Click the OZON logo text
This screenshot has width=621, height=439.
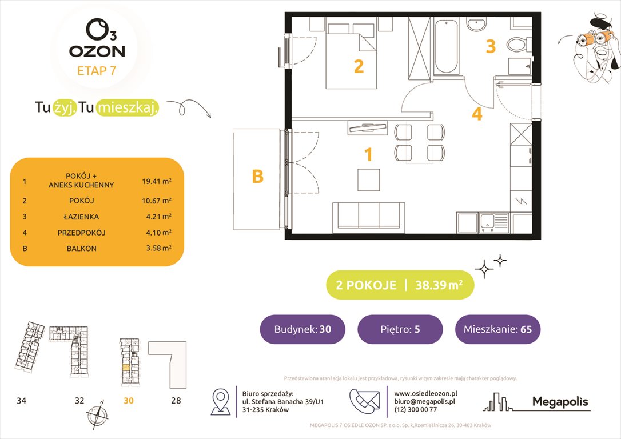[x=97, y=51]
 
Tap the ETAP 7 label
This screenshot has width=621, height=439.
[x=97, y=71]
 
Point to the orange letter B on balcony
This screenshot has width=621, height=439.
[x=258, y=177]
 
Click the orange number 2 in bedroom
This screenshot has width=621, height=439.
[x=359, y=67]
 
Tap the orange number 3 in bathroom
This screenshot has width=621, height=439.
[x=491, y=46]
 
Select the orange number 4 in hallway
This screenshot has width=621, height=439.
[x=477, y=114]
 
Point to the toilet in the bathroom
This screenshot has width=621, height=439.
[x=521, y=43]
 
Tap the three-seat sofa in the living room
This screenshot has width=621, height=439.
[x=369, y=215]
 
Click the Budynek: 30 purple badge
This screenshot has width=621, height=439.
[x=302, y=329]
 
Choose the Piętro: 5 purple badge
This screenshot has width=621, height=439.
[x=400, y=329]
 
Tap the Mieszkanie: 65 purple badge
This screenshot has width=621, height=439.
[x=497, y=329]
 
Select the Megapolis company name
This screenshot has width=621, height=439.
[x=560, y=402]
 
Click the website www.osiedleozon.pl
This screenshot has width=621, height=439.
[x=425, y=393]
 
